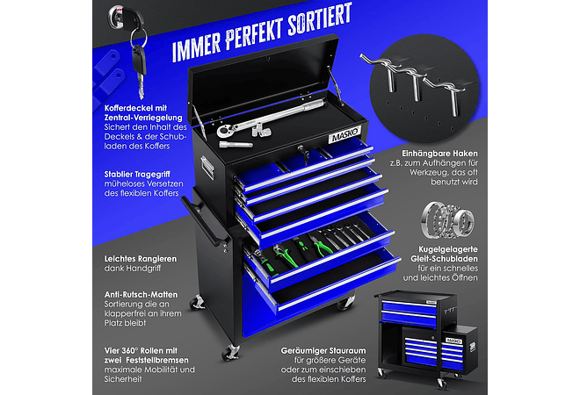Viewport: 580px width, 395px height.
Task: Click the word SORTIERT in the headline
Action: click(x=320, y=19)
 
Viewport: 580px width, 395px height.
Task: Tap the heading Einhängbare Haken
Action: click(x=439, y=154)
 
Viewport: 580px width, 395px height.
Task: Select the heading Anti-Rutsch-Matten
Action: click(x=141, y=295)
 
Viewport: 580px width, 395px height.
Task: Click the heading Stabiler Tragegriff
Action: click(x=137, y=175)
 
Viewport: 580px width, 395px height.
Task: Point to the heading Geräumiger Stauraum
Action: click(x=323, y=350)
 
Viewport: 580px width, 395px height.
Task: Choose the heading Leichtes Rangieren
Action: click(x=141, y=259)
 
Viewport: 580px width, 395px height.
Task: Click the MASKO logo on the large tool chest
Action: click(x=344, y=134)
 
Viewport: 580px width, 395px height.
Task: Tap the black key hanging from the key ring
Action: click(x=139, y=70)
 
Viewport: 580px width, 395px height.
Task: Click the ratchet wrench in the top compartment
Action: click(x=270, y=118)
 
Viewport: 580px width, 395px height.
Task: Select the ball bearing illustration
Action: click(x=447, y=220)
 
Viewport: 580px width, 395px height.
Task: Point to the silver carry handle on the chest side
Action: click(x=207, y=168)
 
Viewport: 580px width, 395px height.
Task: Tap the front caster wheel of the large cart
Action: click(x=230, y=353)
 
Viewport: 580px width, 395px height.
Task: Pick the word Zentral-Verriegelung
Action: click(x=143, y=118)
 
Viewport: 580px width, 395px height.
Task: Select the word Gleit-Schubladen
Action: click(x=444, y=259)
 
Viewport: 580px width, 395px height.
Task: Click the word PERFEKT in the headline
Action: click(x=255, y=32)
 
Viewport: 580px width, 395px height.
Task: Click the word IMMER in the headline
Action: click(x=197, y=47)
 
